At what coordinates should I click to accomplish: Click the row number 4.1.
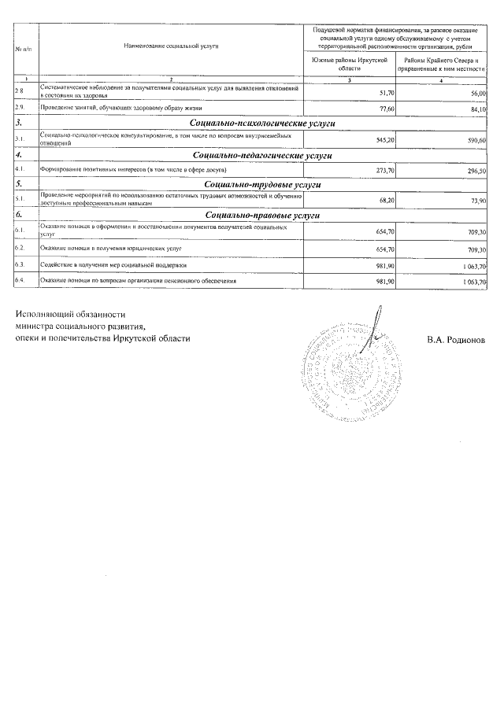tap(21, 169)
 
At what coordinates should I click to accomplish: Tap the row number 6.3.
tap(21, 264)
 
